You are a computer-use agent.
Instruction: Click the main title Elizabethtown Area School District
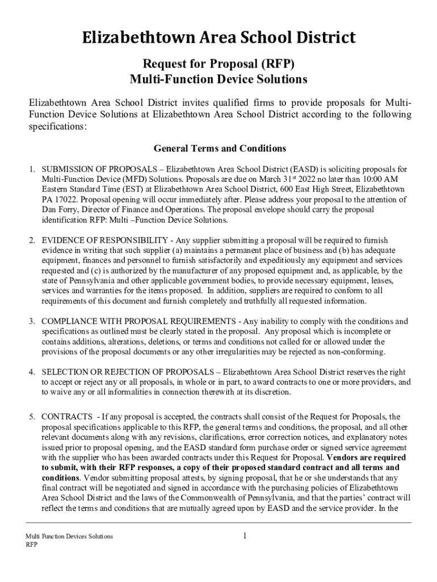pyautogui.click(x=218, y=38)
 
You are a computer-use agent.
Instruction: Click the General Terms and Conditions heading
pyautogui.click(x=220, y=148)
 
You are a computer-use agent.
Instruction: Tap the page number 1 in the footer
pyautogui.click(x=243, y=535)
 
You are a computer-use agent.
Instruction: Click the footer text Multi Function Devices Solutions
pyautogui.click(x=69, y=537)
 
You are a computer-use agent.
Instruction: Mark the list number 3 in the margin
pyautogui.click(x=32, y=322)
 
